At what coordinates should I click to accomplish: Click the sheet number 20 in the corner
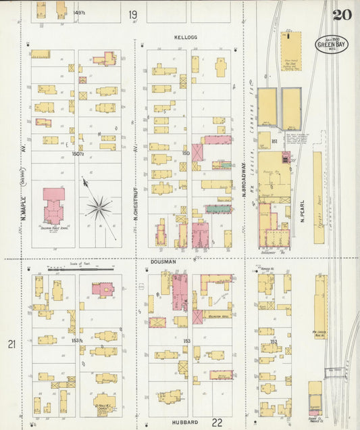point(341,14)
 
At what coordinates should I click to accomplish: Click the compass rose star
point(99,208)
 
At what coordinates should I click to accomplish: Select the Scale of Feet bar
point(83,268)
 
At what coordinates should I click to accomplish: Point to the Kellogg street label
point(185,37)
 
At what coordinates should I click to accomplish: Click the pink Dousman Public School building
point(53,206)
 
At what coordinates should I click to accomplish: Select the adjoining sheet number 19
point(133,14)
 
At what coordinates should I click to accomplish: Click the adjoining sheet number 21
point(11,345)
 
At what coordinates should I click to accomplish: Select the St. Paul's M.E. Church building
point(104,402)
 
